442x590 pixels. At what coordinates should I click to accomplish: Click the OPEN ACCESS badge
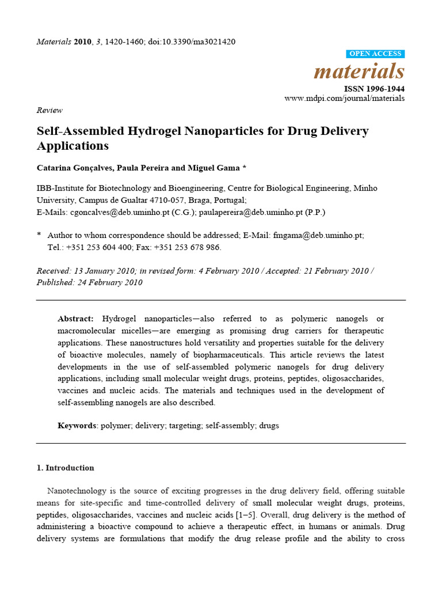pyautogui.click(x=376, y=54)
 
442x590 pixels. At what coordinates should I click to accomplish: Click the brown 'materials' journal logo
pyautogui.click(x=359, y=71)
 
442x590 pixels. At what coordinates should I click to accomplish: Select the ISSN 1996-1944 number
pyautogui.click(x=374, y=89)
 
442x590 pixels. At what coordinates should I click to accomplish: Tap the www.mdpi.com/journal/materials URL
pyautogui.click(x=344, y=99)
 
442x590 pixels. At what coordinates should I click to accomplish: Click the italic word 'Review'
pyautogui.click(x=49, y=110)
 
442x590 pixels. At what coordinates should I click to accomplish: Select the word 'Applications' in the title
pyautogui.click(x=73, y=146)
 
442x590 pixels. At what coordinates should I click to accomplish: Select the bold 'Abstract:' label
pyautogui.click(x=76, y=319)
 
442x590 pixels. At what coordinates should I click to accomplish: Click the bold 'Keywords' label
pyautogui.click(x=77, y=426)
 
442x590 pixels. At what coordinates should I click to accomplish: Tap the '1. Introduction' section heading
pyautogui.click(x=65, y=468)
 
